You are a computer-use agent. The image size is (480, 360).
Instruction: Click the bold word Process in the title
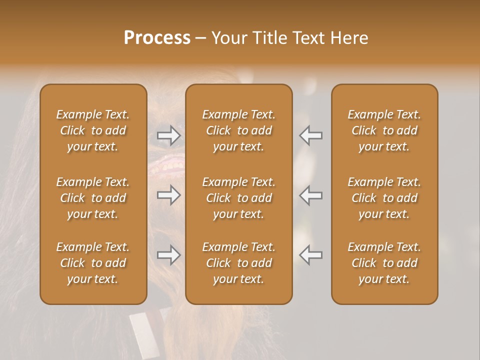point(157,38)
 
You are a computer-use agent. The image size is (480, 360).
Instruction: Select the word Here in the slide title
point(350,38)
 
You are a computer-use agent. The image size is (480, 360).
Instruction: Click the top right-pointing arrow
point(168,135)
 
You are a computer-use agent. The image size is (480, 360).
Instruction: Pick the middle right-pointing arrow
point(168,195)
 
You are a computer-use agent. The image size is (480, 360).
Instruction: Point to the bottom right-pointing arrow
point(168,255)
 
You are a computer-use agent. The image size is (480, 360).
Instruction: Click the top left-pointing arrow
point(311,135)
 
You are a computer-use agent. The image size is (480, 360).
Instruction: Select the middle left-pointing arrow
point(311,195)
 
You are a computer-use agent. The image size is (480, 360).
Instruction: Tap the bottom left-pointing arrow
point(311,255)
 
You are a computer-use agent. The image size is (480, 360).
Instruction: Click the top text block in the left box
point(93,130)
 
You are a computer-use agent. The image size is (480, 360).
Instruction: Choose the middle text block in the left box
point(93,198)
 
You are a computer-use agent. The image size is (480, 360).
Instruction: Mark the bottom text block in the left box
point(93,263)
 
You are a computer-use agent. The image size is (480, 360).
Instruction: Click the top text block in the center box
point(239,130)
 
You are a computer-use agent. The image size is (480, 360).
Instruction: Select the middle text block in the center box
point(239,198)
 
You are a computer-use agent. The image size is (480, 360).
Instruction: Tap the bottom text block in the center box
point(239,263)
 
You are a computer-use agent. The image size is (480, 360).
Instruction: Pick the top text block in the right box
point(384,130)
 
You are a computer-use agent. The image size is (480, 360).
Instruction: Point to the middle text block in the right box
point(384,198)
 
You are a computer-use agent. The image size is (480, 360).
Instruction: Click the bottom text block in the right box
point(384,263)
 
